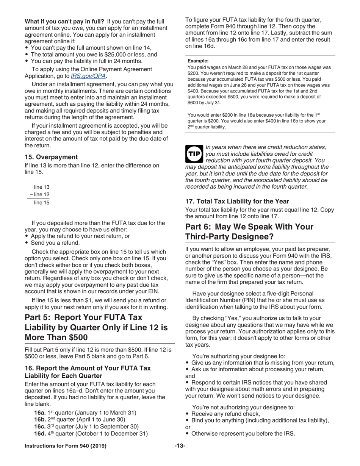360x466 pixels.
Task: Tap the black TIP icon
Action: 194,154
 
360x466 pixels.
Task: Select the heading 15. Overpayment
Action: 51,157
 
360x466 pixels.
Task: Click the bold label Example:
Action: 198,61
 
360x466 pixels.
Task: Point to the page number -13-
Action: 180,446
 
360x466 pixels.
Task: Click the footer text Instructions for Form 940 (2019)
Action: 65,446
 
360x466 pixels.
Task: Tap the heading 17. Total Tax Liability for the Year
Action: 237,201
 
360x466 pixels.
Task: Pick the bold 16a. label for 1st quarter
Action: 40,413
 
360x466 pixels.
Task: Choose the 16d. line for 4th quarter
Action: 91,433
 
